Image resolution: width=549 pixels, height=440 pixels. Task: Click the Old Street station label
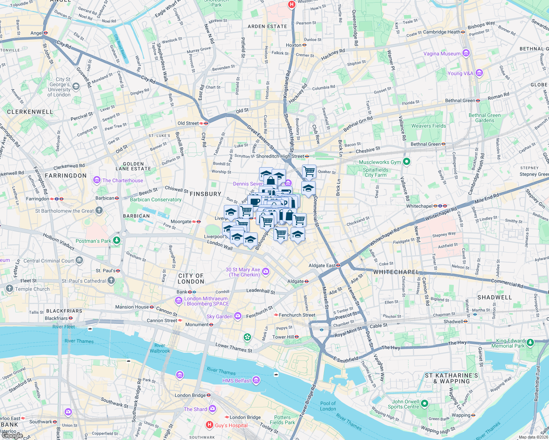(x=188, y=123)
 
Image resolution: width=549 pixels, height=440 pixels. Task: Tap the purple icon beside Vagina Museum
(x=466, y=53)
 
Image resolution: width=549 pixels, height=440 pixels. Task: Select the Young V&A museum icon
(x=479, y=73)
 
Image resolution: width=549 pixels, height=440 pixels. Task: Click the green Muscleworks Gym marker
(x=406, y=162)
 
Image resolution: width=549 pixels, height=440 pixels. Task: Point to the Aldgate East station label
(x=322, y=265)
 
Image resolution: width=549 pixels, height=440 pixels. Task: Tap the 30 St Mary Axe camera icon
(x=266, y=272)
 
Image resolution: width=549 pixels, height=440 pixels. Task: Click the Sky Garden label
(x=219, y=316)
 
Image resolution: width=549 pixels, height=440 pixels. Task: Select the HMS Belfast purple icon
(x=256, y=380)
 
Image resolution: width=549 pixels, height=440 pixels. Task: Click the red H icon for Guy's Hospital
(x=209, y=425)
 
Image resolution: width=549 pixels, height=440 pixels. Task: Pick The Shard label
(x=195, y=409)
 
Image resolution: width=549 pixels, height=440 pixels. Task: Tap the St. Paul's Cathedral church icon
(x=111, y=281)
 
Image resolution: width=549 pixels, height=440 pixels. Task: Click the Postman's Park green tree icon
(x=117, y=241)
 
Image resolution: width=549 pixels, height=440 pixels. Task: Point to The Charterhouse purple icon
(x=97, y=180)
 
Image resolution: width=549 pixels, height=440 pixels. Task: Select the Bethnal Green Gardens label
(x=484, y=118)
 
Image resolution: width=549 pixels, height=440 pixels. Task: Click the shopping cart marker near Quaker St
(x=309, y=171)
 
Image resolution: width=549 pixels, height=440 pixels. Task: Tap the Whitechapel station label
(x=419, y=206)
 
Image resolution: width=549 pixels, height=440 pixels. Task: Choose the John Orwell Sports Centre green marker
(x=425, y=404)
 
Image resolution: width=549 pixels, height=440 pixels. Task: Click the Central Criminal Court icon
(x=79, y=261)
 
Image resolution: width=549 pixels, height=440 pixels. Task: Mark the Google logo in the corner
(x=12, y=435)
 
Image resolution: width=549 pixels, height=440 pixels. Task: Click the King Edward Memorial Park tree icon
(x=530, y=343)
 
